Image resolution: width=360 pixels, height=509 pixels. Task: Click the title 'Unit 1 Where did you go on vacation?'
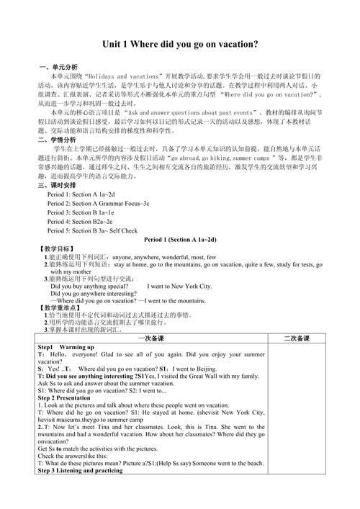point(180,44)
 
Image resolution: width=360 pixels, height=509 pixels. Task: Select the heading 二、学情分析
point(57,140)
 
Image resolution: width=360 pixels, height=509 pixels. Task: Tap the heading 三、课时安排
point(57,186)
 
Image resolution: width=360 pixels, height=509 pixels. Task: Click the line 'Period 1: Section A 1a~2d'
point(81,195)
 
